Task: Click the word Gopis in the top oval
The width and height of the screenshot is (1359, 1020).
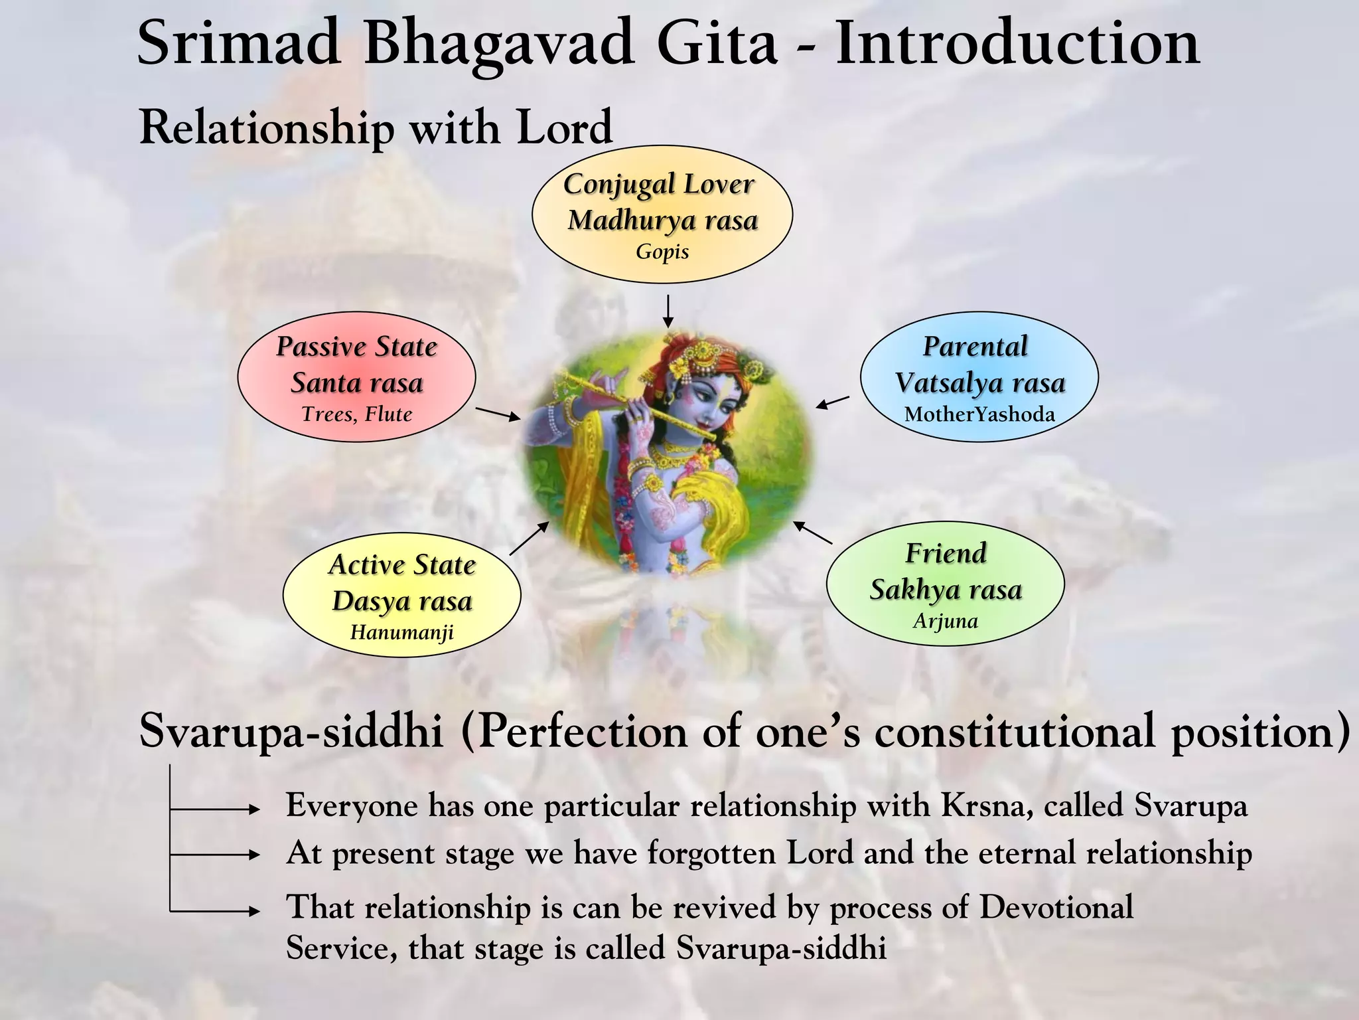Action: [x=662, y=252]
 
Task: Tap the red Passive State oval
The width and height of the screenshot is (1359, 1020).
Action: [x=356, y=377]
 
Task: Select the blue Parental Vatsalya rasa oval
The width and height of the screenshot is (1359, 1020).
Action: [x=979, y=377]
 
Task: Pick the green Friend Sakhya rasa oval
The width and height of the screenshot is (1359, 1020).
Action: [x=945, y=584]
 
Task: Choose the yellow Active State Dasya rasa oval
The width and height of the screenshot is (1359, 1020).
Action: [x=401, y=595]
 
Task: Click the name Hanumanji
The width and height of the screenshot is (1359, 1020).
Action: [x=401, y=632]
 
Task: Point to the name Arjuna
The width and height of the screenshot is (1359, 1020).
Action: [x=945, y=621]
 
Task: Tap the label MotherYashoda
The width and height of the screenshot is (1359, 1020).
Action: [x=979, y=414]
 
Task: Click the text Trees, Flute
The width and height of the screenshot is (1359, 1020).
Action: [x=356, y=414]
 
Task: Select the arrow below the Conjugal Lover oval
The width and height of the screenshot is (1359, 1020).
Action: [x=668, y=311]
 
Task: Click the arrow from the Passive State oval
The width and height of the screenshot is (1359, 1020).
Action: [x=498, y=414]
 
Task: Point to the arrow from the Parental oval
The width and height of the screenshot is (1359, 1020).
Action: [x=832, y=402]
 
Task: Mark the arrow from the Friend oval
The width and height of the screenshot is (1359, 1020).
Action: [x=813, y=533]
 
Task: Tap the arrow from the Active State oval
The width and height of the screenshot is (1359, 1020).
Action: [x=530, y=538]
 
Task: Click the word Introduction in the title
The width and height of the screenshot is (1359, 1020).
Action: [x=1017, y=43]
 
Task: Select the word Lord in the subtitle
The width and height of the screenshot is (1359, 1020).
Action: [x=564, y=127]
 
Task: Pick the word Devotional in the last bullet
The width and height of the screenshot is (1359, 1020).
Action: [x=1056, y=907]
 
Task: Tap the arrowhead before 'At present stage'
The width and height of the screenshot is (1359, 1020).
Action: [x=253, y=855]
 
